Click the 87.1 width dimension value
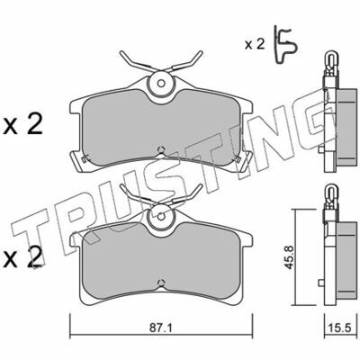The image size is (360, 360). tap(160, 328)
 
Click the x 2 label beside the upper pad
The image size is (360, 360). tap(23, 125)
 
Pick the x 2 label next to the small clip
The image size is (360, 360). tap(255, 45)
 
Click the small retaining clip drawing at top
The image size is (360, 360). tap(286, 45)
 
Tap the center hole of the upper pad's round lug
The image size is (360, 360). tap(162, 83)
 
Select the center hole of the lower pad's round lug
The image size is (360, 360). tap(162, 216)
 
